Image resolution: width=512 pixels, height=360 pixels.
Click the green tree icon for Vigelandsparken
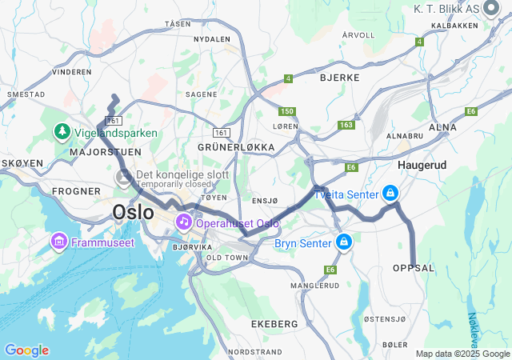(62, 130)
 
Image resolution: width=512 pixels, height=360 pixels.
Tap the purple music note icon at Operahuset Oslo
(183, 221)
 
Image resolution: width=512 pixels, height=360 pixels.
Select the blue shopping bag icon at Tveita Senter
(390, 193)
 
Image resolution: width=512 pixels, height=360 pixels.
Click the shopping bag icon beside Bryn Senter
(343, 241)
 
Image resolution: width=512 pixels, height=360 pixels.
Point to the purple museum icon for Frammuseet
(59, 240)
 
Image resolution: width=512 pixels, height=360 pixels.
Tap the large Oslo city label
(133, 213)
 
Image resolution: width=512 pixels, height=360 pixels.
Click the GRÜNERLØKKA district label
(236, 147)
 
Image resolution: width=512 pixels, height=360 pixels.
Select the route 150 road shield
(287, 111)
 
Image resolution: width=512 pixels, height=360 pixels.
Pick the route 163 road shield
(346, 125)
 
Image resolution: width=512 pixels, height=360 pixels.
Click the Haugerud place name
(422, 164)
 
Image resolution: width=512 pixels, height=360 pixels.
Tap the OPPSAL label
(414, 268)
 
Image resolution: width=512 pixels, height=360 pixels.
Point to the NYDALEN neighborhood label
(212, 38)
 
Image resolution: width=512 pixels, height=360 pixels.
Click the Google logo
(26, 350)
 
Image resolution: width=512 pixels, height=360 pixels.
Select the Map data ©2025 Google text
(462, 354)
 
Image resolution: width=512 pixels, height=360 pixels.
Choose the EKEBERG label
(274, 324)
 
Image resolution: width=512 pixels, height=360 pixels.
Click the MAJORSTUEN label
(106, 151)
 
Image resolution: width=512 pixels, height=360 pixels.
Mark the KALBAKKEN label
(454, 25)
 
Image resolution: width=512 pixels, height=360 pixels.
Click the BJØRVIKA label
(191, 247)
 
